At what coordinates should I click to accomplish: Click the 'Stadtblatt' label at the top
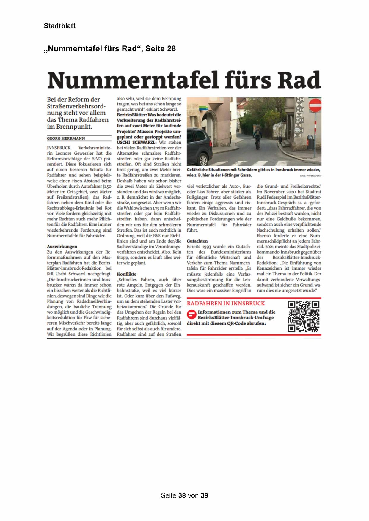59,26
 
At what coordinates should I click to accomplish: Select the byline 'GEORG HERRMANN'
66,138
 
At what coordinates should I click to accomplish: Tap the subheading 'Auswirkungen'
62,246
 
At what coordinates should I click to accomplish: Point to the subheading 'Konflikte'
127,274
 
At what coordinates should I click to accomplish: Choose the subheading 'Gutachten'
197,241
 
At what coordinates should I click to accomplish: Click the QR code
303,316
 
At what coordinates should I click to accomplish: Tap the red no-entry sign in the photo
315,105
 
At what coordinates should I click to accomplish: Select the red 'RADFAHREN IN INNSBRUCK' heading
226,304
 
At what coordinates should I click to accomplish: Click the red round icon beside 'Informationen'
191,314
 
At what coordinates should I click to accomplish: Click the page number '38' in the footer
182,495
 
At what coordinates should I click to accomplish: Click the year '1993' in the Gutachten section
208,247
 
